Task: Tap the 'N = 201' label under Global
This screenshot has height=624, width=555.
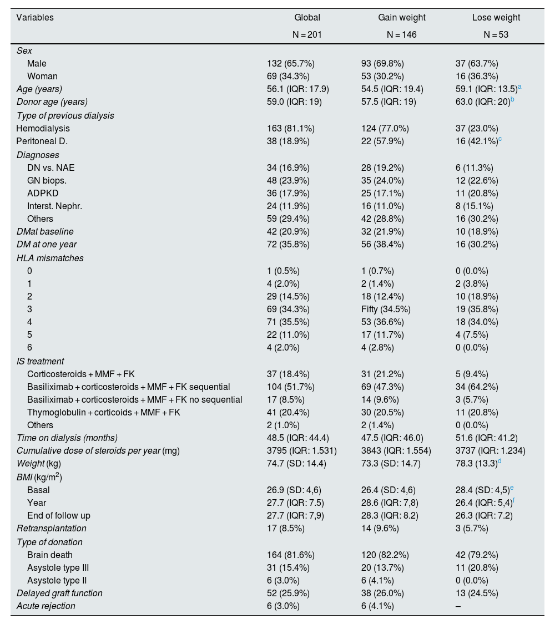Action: pyautogui.click(x=307, y=34)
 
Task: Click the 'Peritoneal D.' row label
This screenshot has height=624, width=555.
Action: pyautogui.click(x=42, y=141)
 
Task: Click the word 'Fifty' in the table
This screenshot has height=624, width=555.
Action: pyautogui.click(x=371, y=310)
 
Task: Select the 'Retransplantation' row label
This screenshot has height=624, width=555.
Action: pyautogui.click(x=51, y=528)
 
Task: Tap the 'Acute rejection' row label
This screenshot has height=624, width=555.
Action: pyautogui.click(x=46, y=606)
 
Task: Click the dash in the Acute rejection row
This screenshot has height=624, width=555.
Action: pyautogui.click(x=457, y=606)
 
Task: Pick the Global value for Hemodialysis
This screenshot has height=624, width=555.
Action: pyautogui.click(x=291, y=128)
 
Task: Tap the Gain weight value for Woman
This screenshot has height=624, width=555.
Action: pyautogui.click(x=382, y=76)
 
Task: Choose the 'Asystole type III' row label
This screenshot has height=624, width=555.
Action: pyautogui.click(x=58, y=567)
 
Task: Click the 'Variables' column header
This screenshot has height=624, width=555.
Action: pyautogui.click(x=35, y=18)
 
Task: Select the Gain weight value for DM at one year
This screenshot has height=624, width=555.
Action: pyautogui.click(x=382, y=245)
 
